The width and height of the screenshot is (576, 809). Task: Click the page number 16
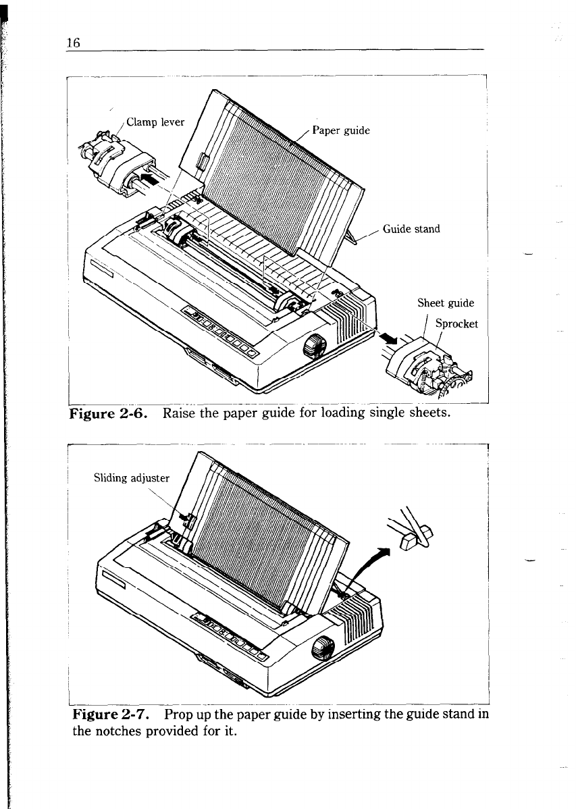(x=74, y=42)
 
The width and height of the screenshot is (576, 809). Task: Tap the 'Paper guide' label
(x=341, y=130)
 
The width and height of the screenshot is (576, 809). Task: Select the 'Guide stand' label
(x=411, y=229)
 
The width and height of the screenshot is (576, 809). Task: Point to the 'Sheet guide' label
(x=446, y=303)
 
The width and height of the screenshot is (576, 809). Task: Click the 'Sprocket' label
(x=456, y=323)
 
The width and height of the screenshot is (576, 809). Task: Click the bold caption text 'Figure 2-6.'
(x=111, y=413)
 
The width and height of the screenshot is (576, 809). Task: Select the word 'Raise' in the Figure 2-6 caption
(x=179, y=413)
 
